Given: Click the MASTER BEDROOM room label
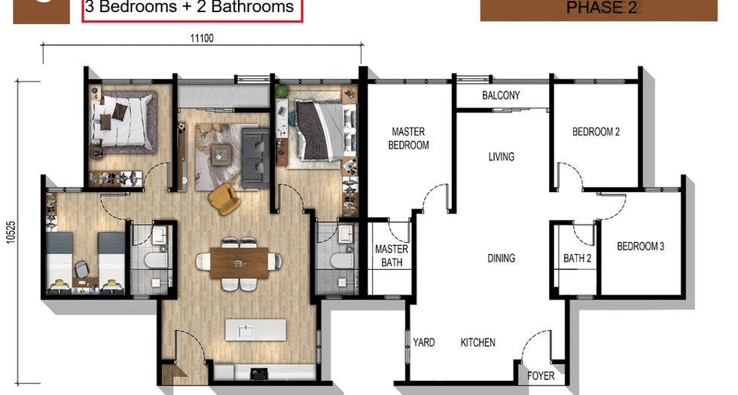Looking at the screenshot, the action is click(408, 139).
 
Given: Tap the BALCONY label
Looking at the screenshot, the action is click(501, 95).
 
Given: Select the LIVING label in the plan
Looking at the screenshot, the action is click(502, 157).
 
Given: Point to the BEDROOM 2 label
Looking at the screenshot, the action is click(596, 132).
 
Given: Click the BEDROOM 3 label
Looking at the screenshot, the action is click(641, 246).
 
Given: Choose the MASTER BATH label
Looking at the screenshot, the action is click(392, 256).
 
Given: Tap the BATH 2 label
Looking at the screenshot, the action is click(577, 259).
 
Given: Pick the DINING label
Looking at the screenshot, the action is click(502, 259).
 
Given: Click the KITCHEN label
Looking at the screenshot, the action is click(477, 343).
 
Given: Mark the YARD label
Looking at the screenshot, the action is click(423, 342).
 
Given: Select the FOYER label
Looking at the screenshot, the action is click(541, 375).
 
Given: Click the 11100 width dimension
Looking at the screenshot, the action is click(202, 38).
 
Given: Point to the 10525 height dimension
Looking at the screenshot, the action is click(11, 232).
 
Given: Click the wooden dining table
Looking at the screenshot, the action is click(239, 263).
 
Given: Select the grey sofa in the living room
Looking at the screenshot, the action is click(255, 158).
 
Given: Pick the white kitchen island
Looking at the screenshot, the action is click(255, 330).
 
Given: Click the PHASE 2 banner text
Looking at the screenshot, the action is click(601, 8).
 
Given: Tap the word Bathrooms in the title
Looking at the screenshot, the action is click(252, 7).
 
